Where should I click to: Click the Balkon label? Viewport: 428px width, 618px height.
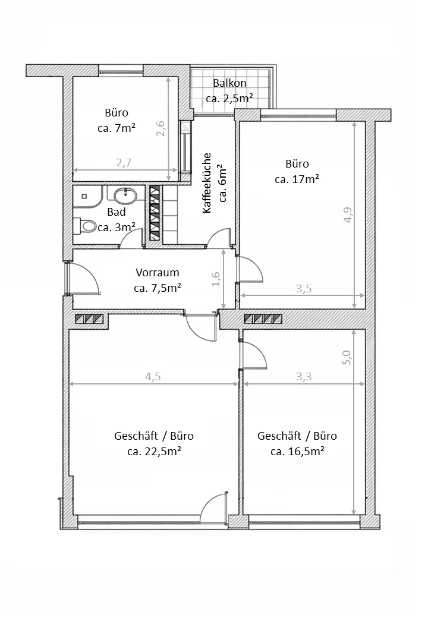click(229, 83)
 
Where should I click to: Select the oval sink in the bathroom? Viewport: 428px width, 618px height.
click(125, 195)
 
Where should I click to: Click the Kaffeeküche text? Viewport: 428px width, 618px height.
click(207, 183)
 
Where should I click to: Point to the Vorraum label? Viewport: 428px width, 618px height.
click(158, 272)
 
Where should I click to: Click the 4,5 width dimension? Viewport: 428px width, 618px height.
click(153, 377)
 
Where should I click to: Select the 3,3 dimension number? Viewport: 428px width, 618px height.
click(304, 377)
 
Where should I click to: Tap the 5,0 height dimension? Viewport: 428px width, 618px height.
click(347, 358)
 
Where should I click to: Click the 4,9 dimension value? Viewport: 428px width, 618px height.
click(348, 215)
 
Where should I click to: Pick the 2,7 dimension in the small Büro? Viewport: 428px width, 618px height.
click(124, 162)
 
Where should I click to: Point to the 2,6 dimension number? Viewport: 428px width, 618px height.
click(160, 128)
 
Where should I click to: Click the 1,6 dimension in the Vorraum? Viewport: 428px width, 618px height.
click(216, 279)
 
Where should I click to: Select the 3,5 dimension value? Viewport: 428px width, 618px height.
click(304, 289)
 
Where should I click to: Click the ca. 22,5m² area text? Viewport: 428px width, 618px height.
click(154, 451)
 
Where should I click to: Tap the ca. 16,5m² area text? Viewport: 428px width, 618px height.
click(298, 451)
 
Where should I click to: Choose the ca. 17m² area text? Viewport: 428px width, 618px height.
click(297, 179)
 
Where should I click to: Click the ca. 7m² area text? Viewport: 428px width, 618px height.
click(117, 128)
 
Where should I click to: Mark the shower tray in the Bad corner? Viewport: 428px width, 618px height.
click(87, 197)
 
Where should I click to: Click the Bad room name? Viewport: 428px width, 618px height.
click(117, 212)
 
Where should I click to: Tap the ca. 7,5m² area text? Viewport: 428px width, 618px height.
click(158, 288)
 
